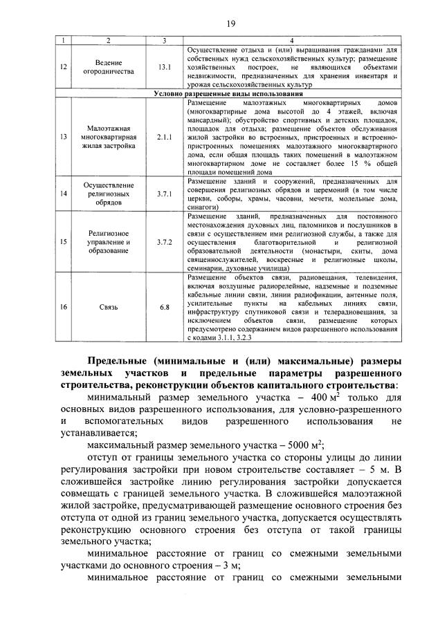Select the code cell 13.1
pos(163,68)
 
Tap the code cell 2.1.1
pos(163,137)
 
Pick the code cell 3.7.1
pos(163,194)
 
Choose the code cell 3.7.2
pos(163,242)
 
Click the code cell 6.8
pos(163,306)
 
